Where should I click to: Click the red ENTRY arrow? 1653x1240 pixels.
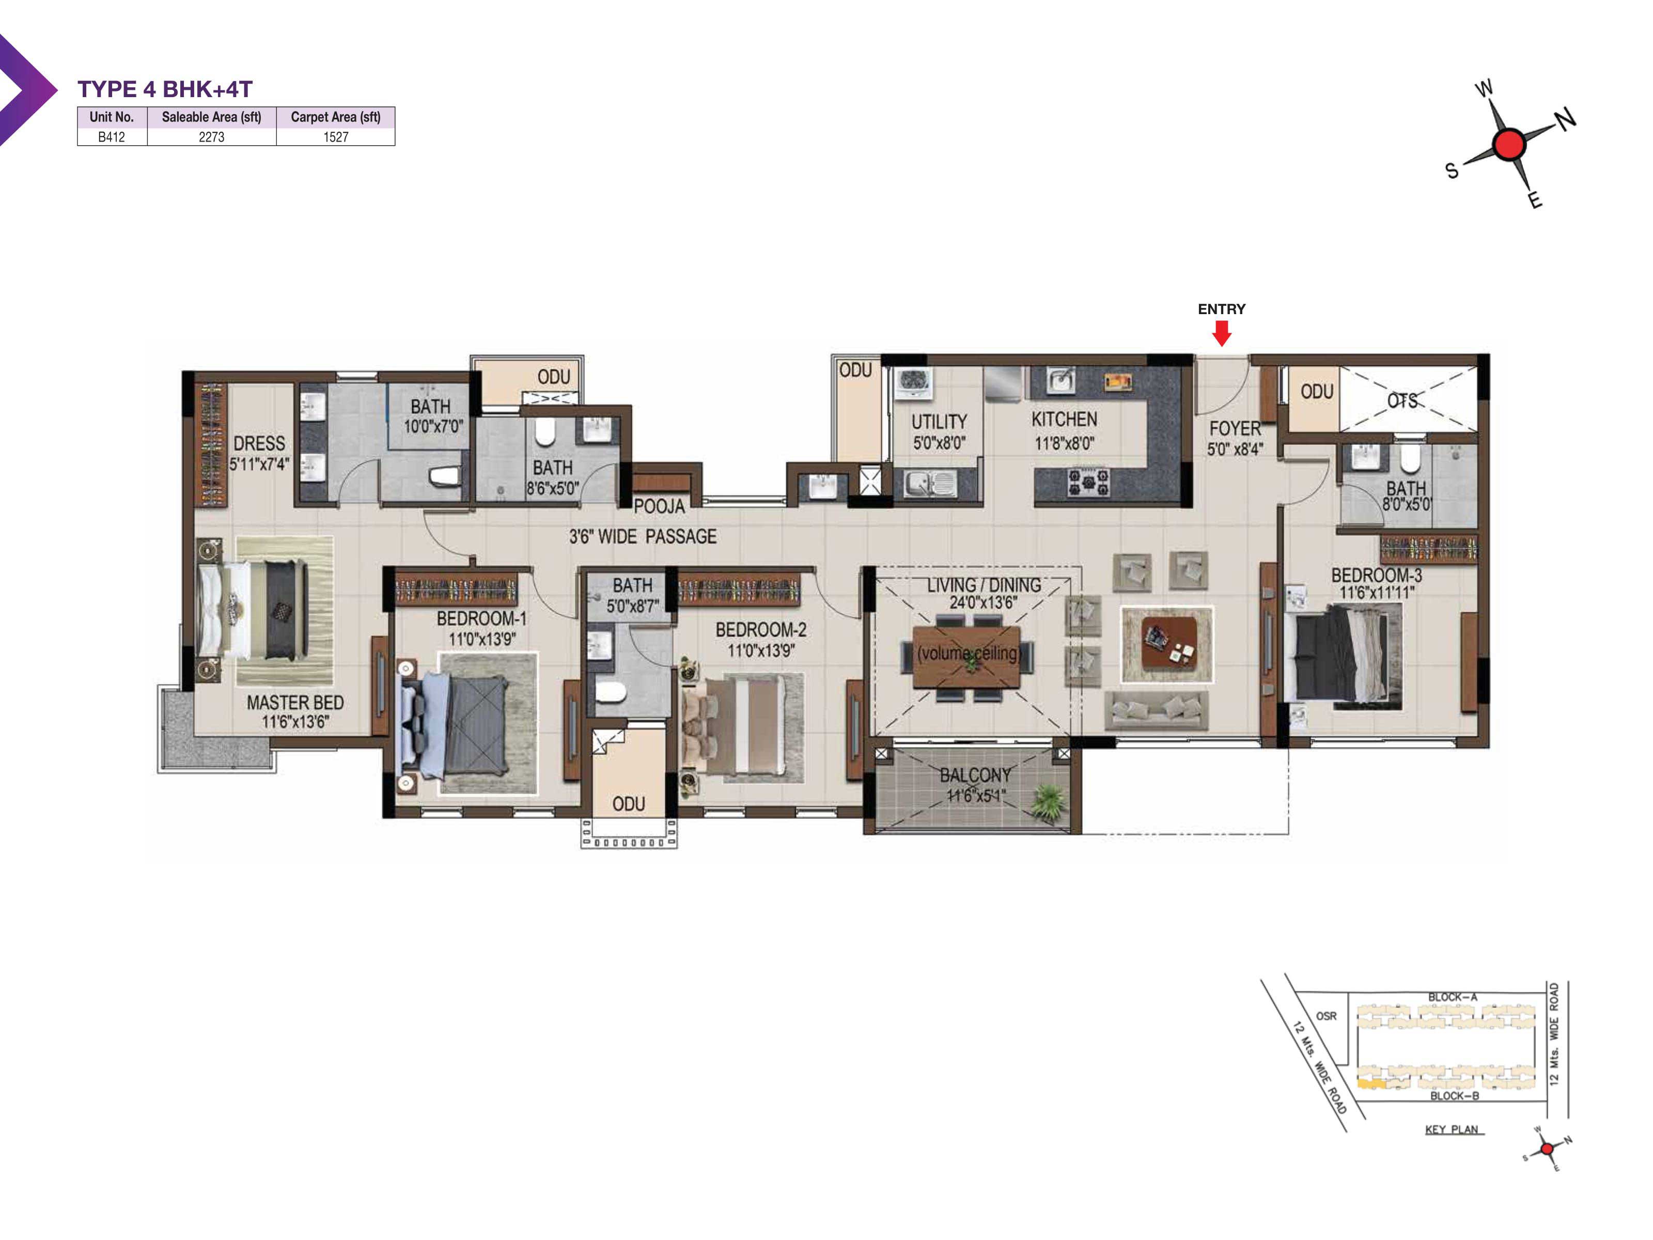(1221, 333)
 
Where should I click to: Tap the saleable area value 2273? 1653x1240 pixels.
(211, 137)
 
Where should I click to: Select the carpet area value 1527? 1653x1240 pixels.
(336, 137)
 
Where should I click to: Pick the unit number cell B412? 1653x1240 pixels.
(112, 137)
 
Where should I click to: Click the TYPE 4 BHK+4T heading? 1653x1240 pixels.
(165, 89)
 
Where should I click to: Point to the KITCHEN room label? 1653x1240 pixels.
(1064, 420)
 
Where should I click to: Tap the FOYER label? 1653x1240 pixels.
(1235, 428)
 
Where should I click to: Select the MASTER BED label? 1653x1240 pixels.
(295, 703)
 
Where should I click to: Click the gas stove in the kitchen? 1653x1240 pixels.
(1087, 482)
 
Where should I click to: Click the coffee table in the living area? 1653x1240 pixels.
(1167, 644)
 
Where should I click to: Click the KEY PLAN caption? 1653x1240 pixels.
(1451, 1129)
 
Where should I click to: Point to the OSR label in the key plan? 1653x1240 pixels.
(1327, 1016)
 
